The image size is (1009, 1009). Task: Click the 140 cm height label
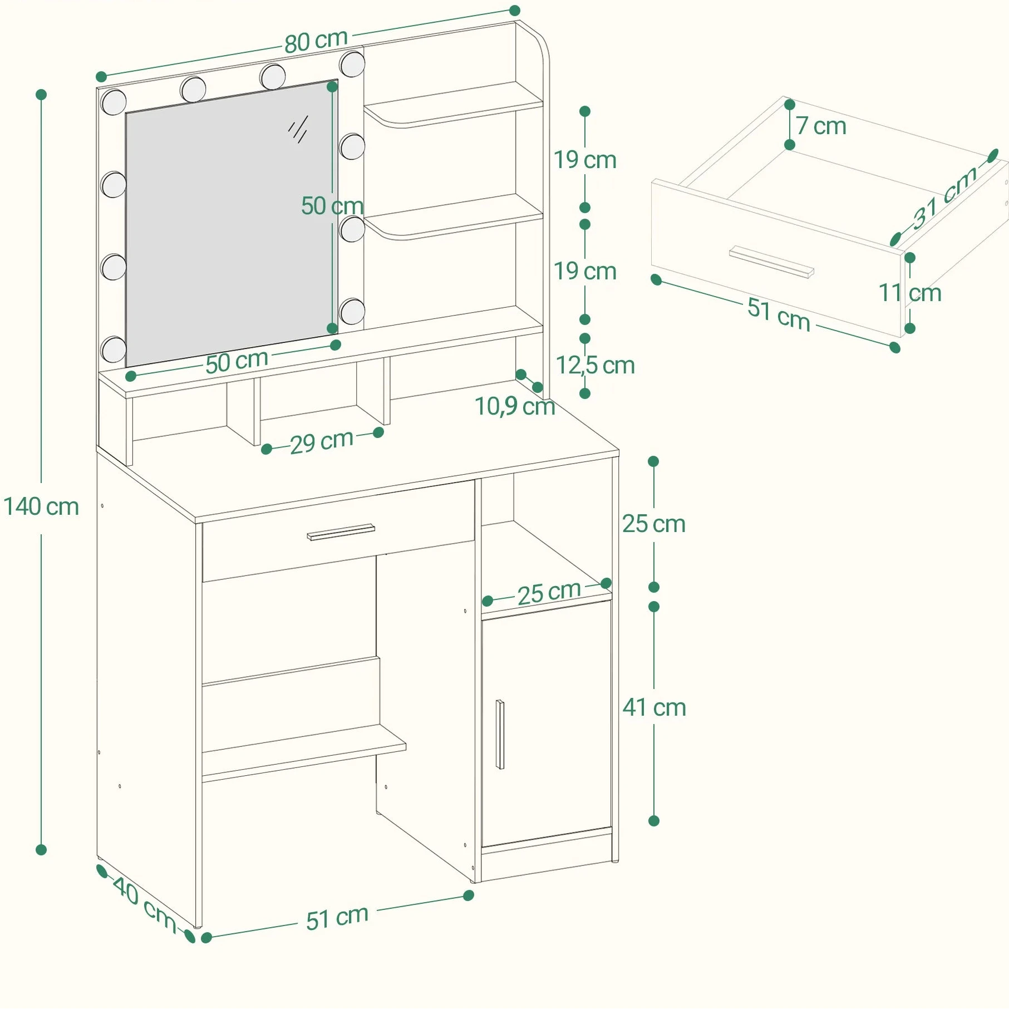tap(41, 507)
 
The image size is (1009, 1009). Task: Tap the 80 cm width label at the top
tap(316, 41)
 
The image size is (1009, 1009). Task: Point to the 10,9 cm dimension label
tap(515, 407)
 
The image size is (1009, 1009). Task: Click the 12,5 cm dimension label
tap(595, 366)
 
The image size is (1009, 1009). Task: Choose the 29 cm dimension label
tap(322, 442)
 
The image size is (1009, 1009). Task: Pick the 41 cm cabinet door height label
tap(654, 707)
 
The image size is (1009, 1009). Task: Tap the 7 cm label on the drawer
tap(821, 126)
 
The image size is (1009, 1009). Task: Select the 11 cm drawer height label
tap(909, 293)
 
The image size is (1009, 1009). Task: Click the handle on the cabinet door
tap(500, 735)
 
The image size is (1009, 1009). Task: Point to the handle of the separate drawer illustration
tap(771, 262)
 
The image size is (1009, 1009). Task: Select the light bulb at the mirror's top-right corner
tap(352, 64)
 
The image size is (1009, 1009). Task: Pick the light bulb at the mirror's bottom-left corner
tap(114, 349)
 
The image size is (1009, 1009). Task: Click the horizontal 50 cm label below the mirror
tap(237, 362)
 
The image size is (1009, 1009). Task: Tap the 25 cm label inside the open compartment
tap(549, 593)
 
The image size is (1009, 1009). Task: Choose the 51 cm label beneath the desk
tap(337, 918)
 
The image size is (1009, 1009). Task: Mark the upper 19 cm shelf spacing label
tap(585, 160)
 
